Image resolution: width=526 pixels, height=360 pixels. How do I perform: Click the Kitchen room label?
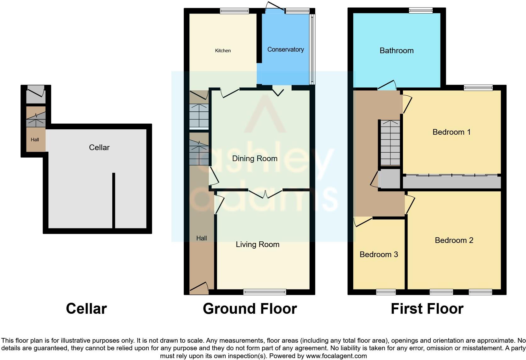pos(223,51)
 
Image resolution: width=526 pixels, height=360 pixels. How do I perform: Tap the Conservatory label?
pos(285,49)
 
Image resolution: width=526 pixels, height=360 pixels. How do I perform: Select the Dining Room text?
pos(255,159)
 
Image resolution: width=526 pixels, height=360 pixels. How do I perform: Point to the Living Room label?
pos(257,245)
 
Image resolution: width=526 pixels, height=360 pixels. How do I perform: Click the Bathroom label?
pos(396,51)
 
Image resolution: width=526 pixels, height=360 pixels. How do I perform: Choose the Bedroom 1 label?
pos(451,132)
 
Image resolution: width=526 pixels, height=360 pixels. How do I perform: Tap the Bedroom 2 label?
pos(454,240)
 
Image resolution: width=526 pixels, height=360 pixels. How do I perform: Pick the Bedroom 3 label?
pos(378,254)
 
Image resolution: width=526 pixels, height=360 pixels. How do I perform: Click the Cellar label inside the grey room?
pos(99,147)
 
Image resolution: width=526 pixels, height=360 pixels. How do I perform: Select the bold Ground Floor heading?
pos(250,309)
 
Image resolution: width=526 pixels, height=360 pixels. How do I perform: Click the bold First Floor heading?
pos(427,309)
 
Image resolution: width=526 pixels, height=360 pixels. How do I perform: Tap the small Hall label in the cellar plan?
pos(35,140)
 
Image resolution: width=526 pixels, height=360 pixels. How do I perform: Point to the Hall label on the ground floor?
pos(201,238)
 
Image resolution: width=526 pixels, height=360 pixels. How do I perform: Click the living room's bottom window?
pos(265,292)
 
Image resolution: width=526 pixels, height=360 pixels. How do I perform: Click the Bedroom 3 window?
pos(386,292)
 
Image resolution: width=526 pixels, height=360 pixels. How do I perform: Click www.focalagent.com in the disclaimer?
pos(336,356)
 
